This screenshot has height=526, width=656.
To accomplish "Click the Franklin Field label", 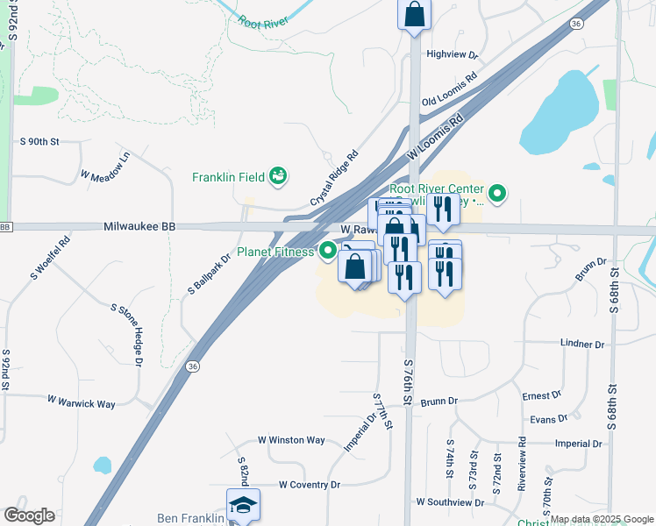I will [228, 177].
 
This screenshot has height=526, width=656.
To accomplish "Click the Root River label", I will [263, 23].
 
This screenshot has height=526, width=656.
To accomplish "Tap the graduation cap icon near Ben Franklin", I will [243, 505].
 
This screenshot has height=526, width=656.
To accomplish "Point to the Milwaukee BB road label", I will [139, 226].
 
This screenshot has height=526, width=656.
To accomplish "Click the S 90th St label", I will [39, 141].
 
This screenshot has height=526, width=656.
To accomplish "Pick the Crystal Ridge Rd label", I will [334, 179].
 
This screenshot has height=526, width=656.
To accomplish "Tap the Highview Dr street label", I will [452, 54].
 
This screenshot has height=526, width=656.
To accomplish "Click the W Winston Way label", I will [291, 440].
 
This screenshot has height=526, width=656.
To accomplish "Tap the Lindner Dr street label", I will [582, 345].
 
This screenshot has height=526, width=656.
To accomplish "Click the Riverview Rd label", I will [522, 465].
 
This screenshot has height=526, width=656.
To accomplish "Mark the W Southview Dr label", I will [450, 502].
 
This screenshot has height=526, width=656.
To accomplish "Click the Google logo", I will [29, 515].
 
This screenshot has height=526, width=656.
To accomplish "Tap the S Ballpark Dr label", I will [208, 274].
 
